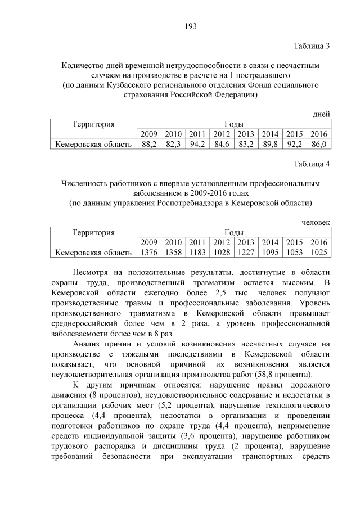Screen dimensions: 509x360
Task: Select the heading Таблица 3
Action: (312, 46)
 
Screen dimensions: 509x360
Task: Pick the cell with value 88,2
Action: (149, 145)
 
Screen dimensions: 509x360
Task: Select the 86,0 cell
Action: (318, 145)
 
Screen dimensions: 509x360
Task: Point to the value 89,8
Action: (270, 145)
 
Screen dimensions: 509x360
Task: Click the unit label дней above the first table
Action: (321, 115)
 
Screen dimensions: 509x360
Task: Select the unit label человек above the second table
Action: (316, 223)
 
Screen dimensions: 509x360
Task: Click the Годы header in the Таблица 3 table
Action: (233, 124)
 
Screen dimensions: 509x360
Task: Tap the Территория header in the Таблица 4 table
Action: (93, 232)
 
